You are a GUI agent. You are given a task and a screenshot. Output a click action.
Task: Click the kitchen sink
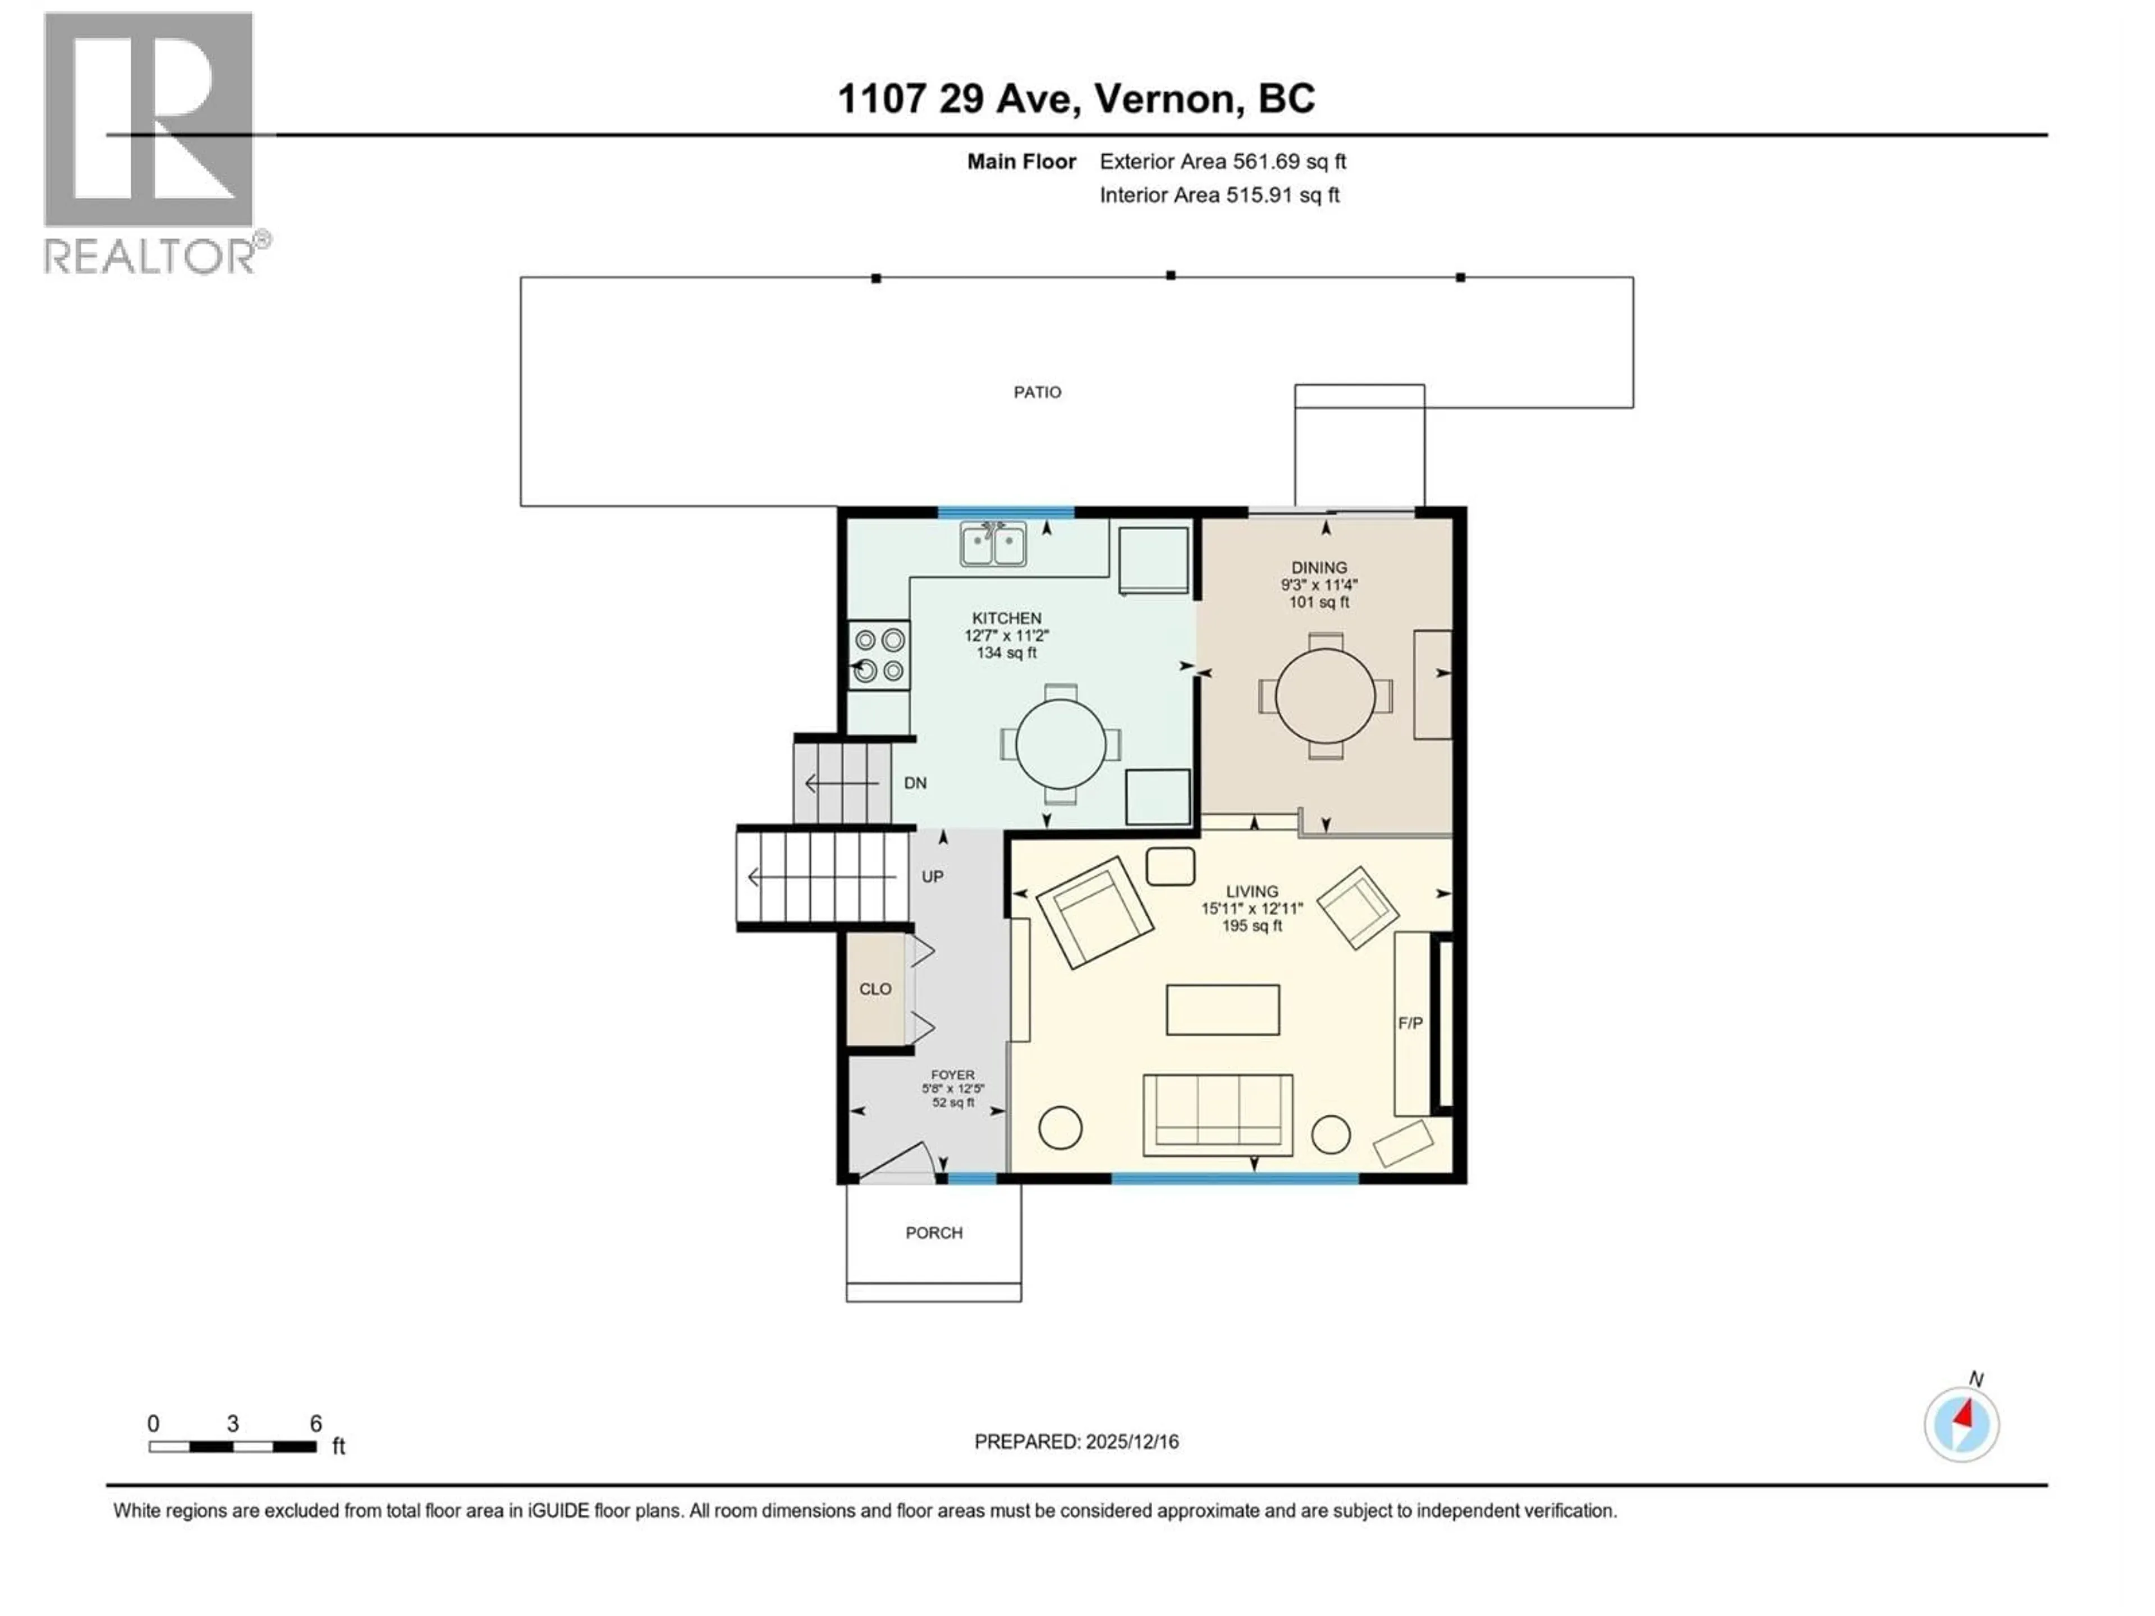click(x=993, y=544)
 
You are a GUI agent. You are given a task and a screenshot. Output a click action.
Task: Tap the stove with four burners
click(x=879, y=655)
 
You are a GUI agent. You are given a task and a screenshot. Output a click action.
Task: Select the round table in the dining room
click(x=1325, y=695)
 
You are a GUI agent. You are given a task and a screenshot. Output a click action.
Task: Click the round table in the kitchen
click(x=1060, y=744)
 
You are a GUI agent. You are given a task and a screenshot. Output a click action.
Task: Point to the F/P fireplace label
click(x=1410, y=1023)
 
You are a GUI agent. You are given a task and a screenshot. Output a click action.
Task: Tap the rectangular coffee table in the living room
click(x=1223, y=1009)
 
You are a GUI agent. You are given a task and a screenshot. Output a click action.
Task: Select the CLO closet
click(x=875, y=989)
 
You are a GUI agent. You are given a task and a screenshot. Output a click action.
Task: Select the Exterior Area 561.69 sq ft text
click(x=1223, y=162)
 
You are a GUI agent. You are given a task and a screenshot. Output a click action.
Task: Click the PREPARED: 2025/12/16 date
click(x=1076, y=1441)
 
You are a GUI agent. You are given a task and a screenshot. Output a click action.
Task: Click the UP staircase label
click(x=932, y=876)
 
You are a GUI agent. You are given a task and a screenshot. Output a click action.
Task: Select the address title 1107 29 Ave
click(x=1076, y=98)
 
